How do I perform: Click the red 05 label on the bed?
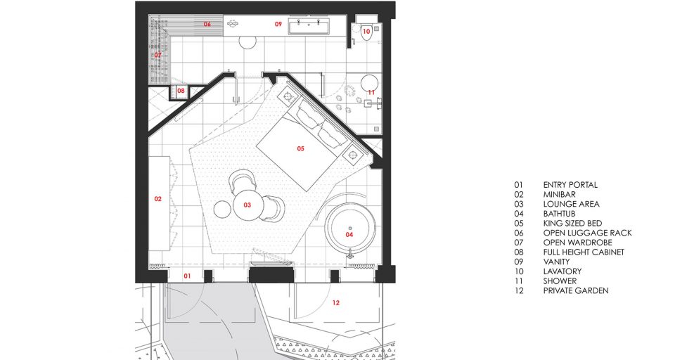(300, 148)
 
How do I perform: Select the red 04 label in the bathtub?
(349, 235)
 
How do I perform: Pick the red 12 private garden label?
(336, 303)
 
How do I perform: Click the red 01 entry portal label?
(187, 276)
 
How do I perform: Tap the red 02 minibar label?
(158, 199)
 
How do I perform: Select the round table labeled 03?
(248, 205)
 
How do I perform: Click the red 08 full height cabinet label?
(181, 91)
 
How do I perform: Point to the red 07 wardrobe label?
(158, 55)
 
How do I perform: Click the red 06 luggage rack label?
(207, 24)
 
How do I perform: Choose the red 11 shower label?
(371, 92)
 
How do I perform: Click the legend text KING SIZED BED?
(572, 223)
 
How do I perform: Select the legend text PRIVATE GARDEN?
(576, 290)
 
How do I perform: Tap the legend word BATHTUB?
(559, 214)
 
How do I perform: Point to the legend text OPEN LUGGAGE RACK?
(588, 233)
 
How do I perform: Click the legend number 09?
(519, 262)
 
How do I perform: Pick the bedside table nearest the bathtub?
(354, 154)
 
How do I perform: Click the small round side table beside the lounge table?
(223, 210)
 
